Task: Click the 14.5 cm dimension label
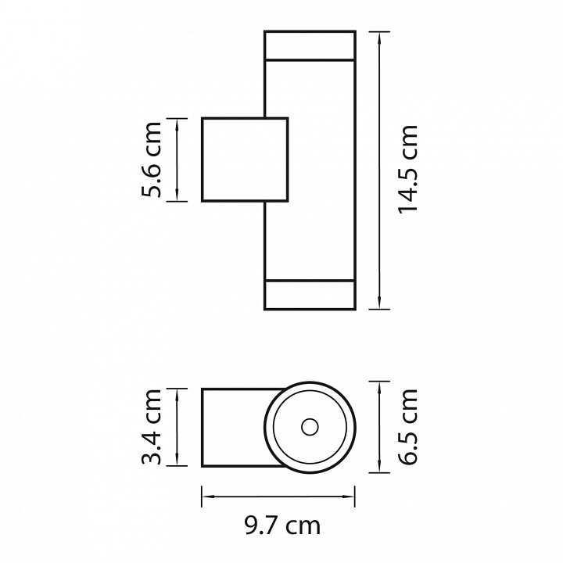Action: (408, 170)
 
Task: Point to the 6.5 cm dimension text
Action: (408, 427)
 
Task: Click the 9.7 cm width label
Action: (282, 526)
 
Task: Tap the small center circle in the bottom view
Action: (310, 427)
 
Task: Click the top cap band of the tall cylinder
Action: (310, 45)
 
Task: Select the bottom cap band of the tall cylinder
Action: (310, 295)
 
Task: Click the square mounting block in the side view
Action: (245, 160)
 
